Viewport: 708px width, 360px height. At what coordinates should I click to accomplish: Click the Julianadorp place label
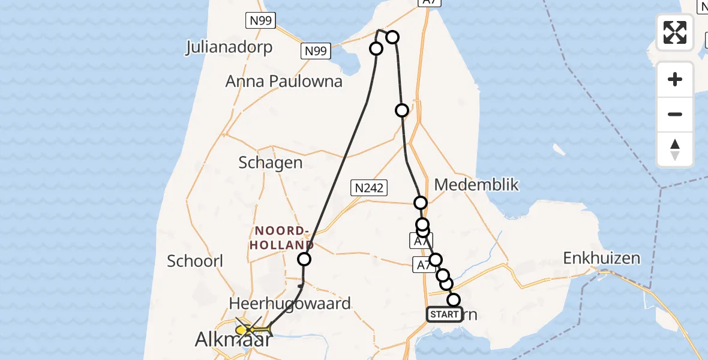click(x=229, y=47)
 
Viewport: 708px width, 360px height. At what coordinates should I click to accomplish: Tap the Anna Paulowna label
click(x=284, y=82)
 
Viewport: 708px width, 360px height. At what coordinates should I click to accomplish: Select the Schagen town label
click(x=270, y=163)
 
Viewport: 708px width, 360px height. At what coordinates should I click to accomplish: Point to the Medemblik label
click(x=476, y=184)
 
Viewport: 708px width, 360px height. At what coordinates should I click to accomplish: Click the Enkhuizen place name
click(x=601, y=259)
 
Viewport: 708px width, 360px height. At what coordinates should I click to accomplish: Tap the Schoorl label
click(x=195, y=261)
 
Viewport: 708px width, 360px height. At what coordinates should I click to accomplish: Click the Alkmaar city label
click(x=233, y=340)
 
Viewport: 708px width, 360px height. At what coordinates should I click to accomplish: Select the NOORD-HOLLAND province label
click(x=281, y=238)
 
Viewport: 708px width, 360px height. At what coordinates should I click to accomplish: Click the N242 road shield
click(x=368, y=188)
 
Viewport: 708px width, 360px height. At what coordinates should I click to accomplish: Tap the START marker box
click(x=444, y=314)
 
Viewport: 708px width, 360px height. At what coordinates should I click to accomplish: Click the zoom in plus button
click(x=675, y=79)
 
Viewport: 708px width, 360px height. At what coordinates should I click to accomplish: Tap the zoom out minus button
click(x=675, y=114)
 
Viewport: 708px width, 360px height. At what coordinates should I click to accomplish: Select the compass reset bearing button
click(x=675, y=149)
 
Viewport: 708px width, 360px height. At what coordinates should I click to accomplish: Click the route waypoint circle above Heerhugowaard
click(x=304, y=259)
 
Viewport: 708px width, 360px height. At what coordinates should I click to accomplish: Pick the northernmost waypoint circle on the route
click(x=392, y=37)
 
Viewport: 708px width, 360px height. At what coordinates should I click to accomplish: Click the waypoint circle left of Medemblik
click(x=421, y=203)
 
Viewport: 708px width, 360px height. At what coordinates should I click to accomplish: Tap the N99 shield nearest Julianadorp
click(x=260, y=21)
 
